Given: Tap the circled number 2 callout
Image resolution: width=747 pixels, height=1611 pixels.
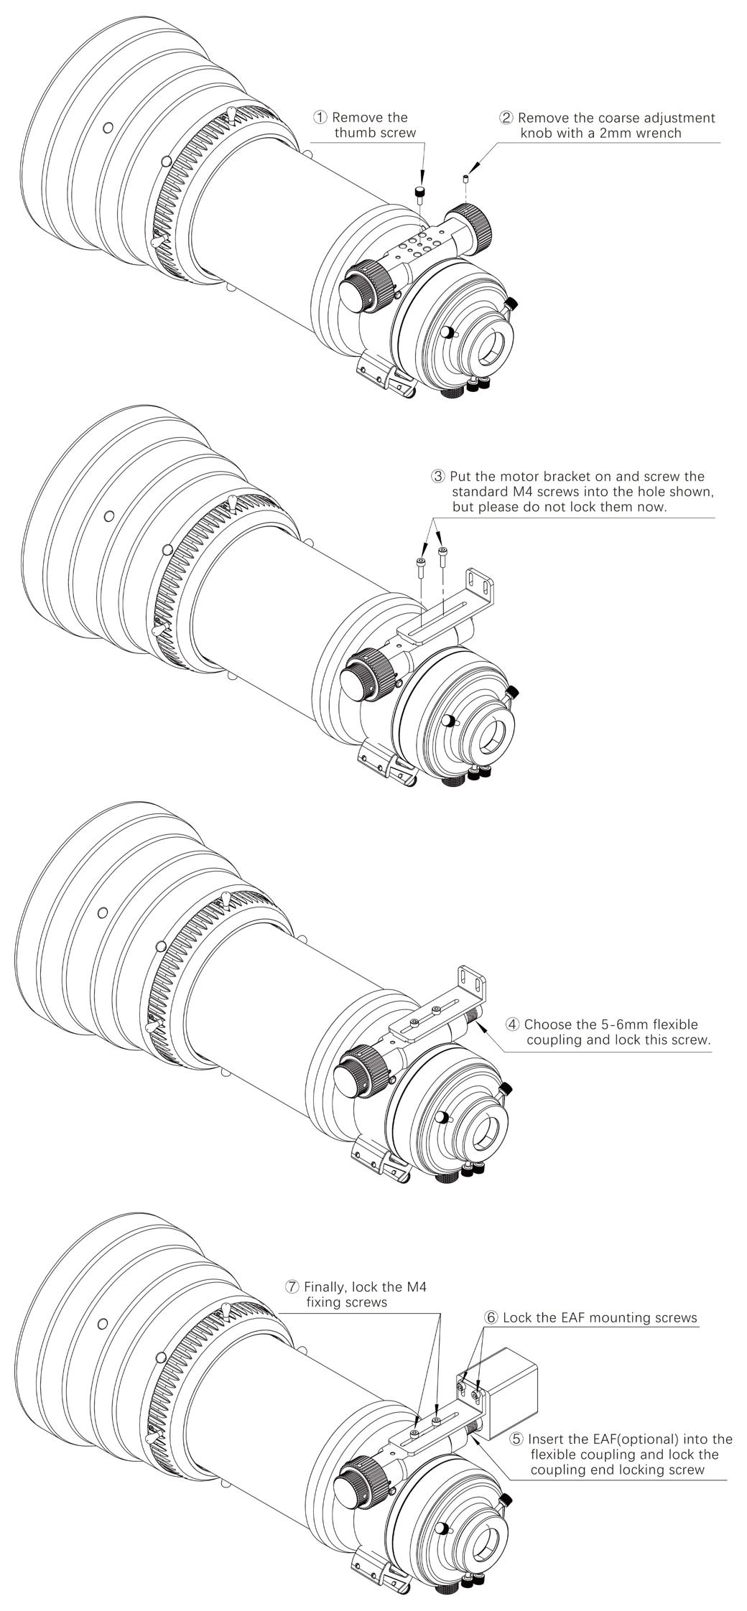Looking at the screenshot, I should tap(507, 117).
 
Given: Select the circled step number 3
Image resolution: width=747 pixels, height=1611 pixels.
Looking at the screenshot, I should tap(438, 476).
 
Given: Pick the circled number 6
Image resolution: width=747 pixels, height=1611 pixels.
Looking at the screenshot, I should tap(491, 1317).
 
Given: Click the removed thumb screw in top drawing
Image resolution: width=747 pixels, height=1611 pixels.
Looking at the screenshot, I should tap(420, 192).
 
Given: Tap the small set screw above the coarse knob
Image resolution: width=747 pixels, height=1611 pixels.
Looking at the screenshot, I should tap(466, 177).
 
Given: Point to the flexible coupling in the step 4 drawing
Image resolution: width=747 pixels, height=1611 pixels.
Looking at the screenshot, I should tap(471, 1017).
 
